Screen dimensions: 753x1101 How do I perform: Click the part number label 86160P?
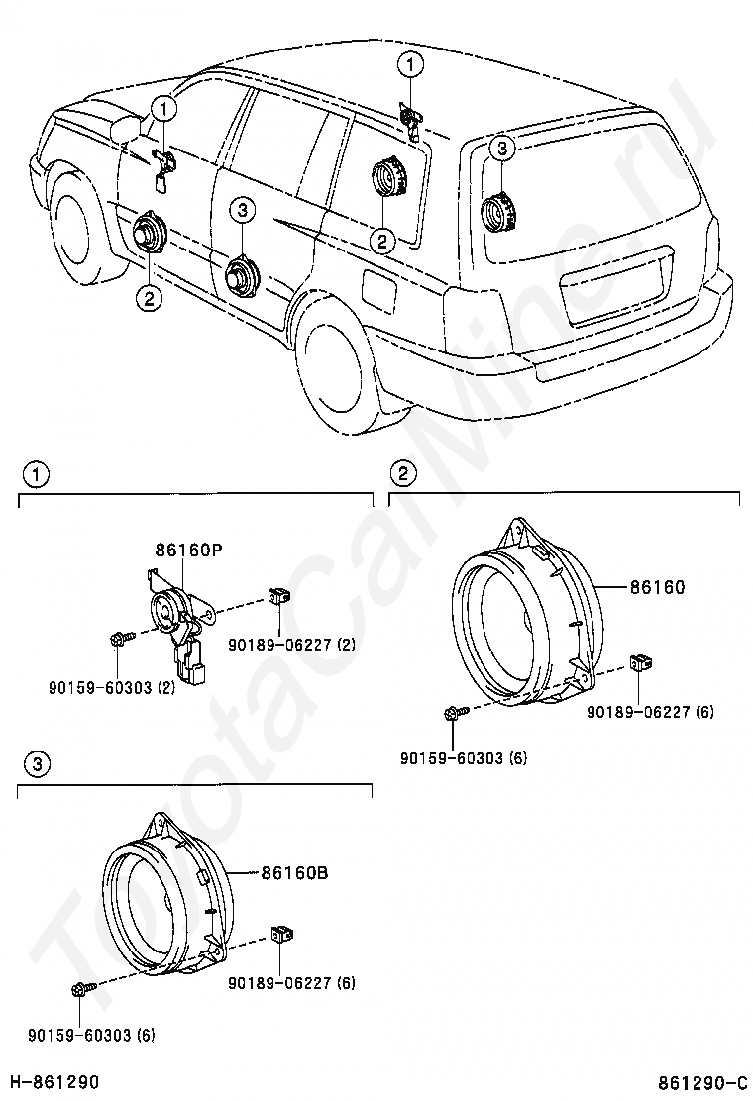pos(188,550)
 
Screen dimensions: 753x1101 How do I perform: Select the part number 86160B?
pos(295,873)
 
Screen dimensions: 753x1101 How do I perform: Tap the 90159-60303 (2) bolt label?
pos(112,687)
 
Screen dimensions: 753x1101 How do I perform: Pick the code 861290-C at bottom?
pos(701,1081)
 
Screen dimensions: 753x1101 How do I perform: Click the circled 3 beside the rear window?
pos(501,149)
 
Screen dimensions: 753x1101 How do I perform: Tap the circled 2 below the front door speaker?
pos(149,298)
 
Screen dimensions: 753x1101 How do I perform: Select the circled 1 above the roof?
pos(410,65)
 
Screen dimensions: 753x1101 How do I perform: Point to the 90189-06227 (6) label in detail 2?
pos(650,711)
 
